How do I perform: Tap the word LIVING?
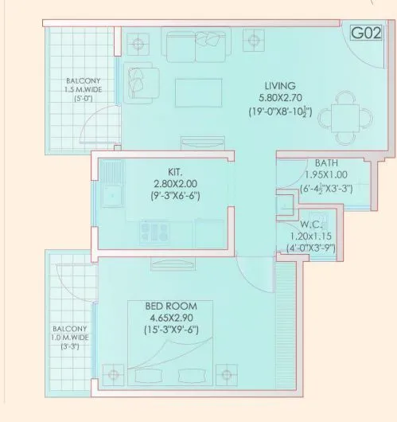(281, 85)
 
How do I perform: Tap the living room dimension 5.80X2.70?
(281, 98)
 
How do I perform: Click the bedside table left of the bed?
(115, 374)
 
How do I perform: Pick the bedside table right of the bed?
(231, 374)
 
